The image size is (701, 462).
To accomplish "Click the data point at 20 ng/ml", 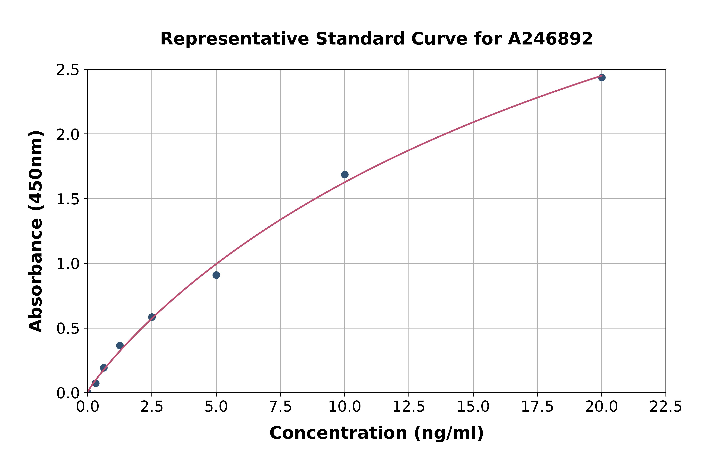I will point(602,77).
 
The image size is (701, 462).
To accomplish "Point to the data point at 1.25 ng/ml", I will point(120,345).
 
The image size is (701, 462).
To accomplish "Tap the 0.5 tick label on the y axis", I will point(68,329).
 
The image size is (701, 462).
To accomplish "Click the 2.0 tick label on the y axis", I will point(68,135).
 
